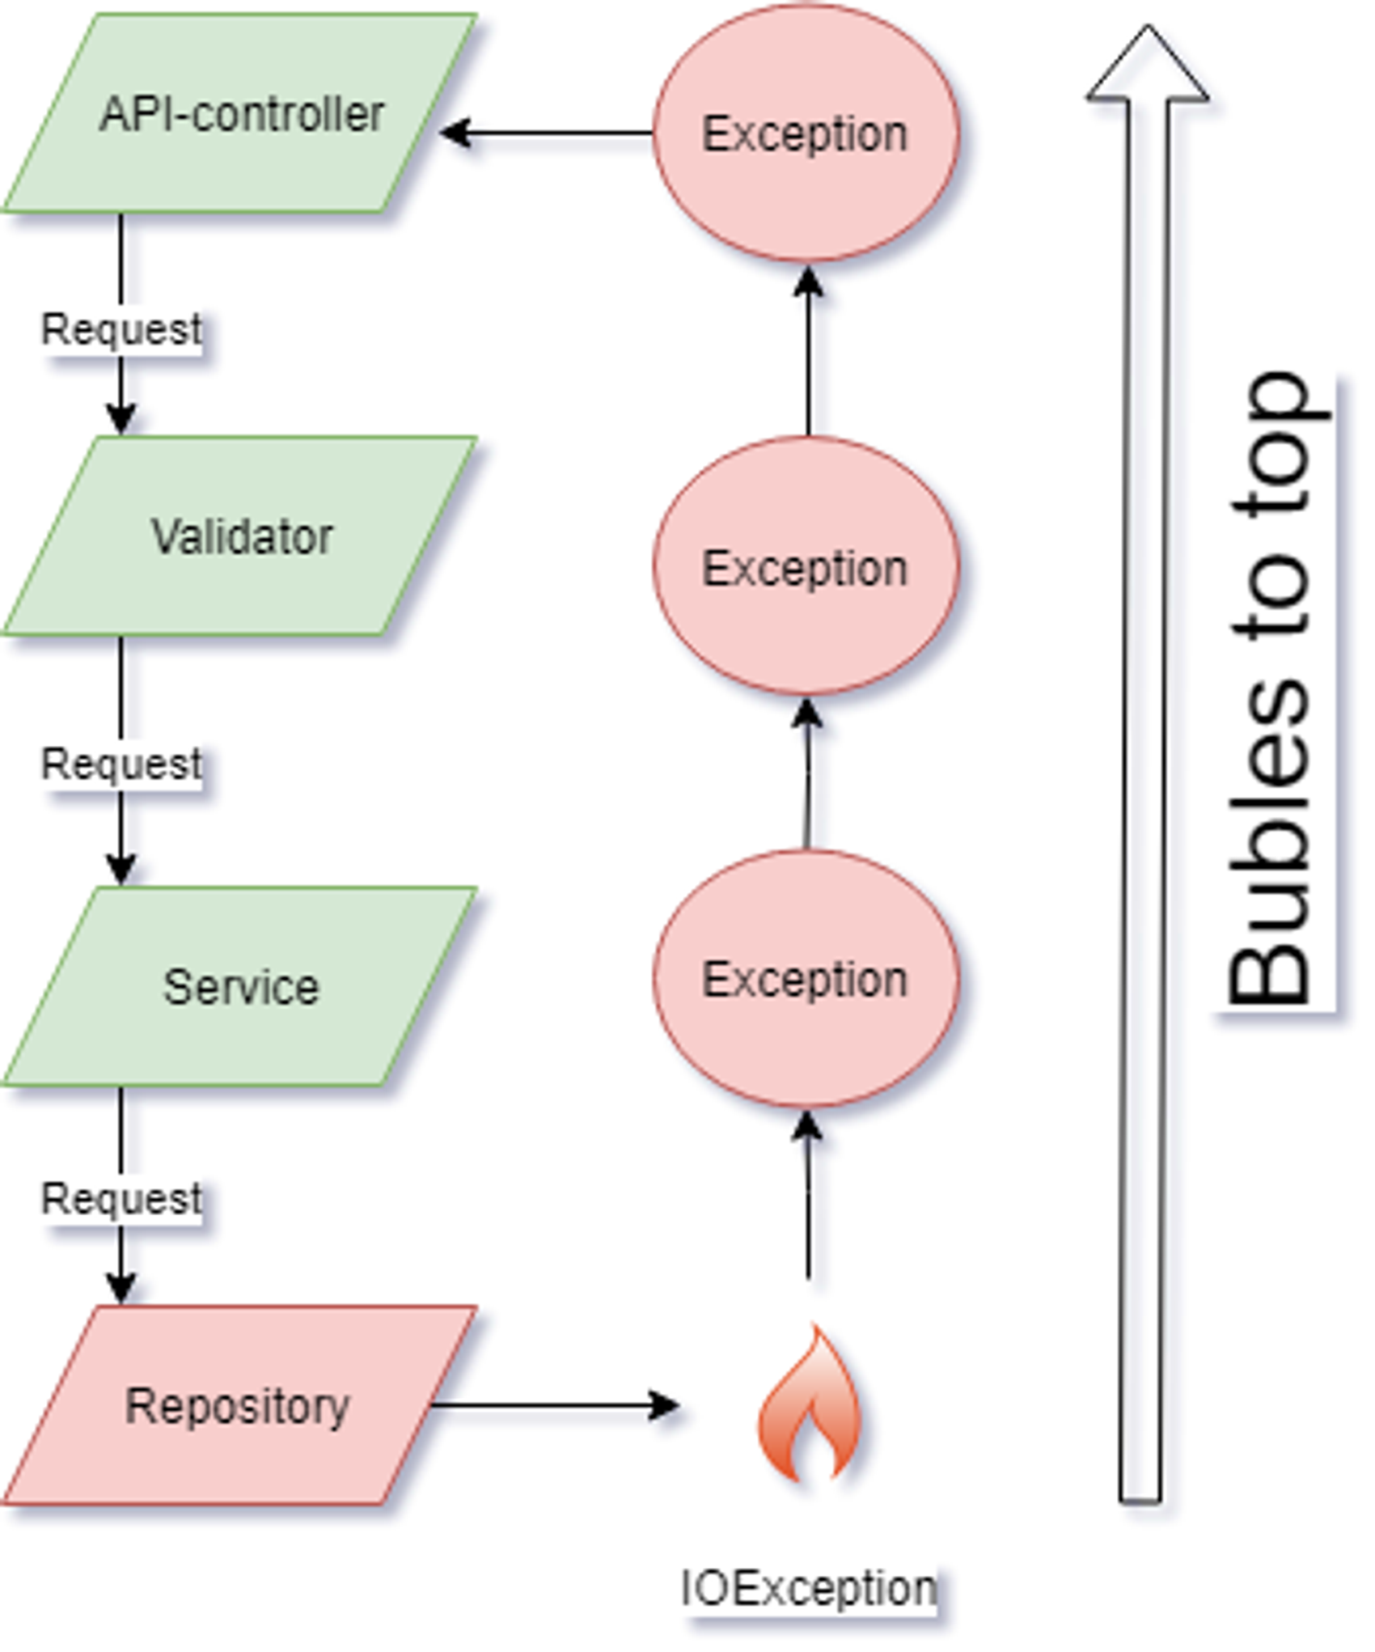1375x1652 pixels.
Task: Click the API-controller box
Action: (240, 114)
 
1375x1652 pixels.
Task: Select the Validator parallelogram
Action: (240, 536)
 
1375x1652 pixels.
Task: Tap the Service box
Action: (240, 986)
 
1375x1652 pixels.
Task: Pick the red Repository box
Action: (238, 1405)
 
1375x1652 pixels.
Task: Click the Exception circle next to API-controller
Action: (806, 133)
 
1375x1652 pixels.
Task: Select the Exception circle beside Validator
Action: (806, 567)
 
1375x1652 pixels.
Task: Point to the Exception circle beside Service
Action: (806, 979)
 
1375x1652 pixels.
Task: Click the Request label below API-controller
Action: (121, 329)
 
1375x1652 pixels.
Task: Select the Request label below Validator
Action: (121, 764)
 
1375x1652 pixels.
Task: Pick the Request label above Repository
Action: (121, 1198)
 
